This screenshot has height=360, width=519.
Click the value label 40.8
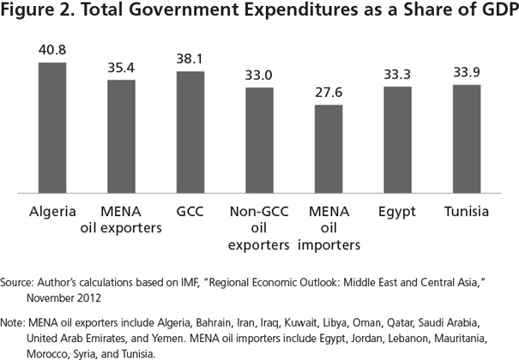[x=51, y=50]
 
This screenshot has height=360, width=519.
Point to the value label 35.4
[x=121, y=66]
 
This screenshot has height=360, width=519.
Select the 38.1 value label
[x=190, y=58]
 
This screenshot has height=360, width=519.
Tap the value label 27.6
[x=328, y=91]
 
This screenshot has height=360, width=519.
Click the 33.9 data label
[x=466, y=71]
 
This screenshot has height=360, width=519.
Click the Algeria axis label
[x=51, y=211]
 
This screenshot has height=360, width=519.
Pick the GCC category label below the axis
[x=190, y=211]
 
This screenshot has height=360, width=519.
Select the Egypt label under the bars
[x=397, y=211]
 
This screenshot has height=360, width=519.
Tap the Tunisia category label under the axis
[x=466, y=211]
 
